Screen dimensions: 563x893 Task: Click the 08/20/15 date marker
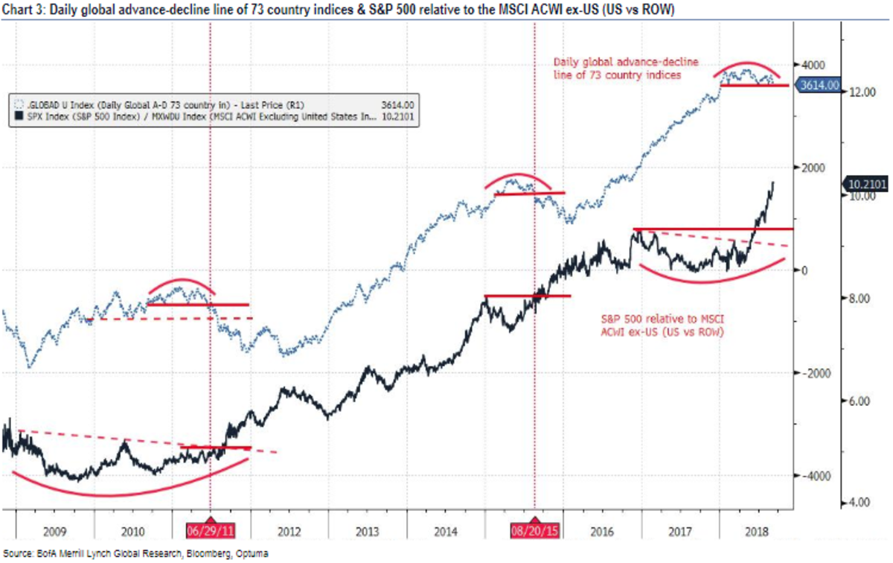[534, 531]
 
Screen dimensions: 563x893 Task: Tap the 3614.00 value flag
[820, 86]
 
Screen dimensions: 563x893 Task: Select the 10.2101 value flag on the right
[865, 184]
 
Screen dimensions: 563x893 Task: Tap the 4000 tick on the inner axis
[814, 65]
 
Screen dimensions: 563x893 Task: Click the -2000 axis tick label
[813, 373]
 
